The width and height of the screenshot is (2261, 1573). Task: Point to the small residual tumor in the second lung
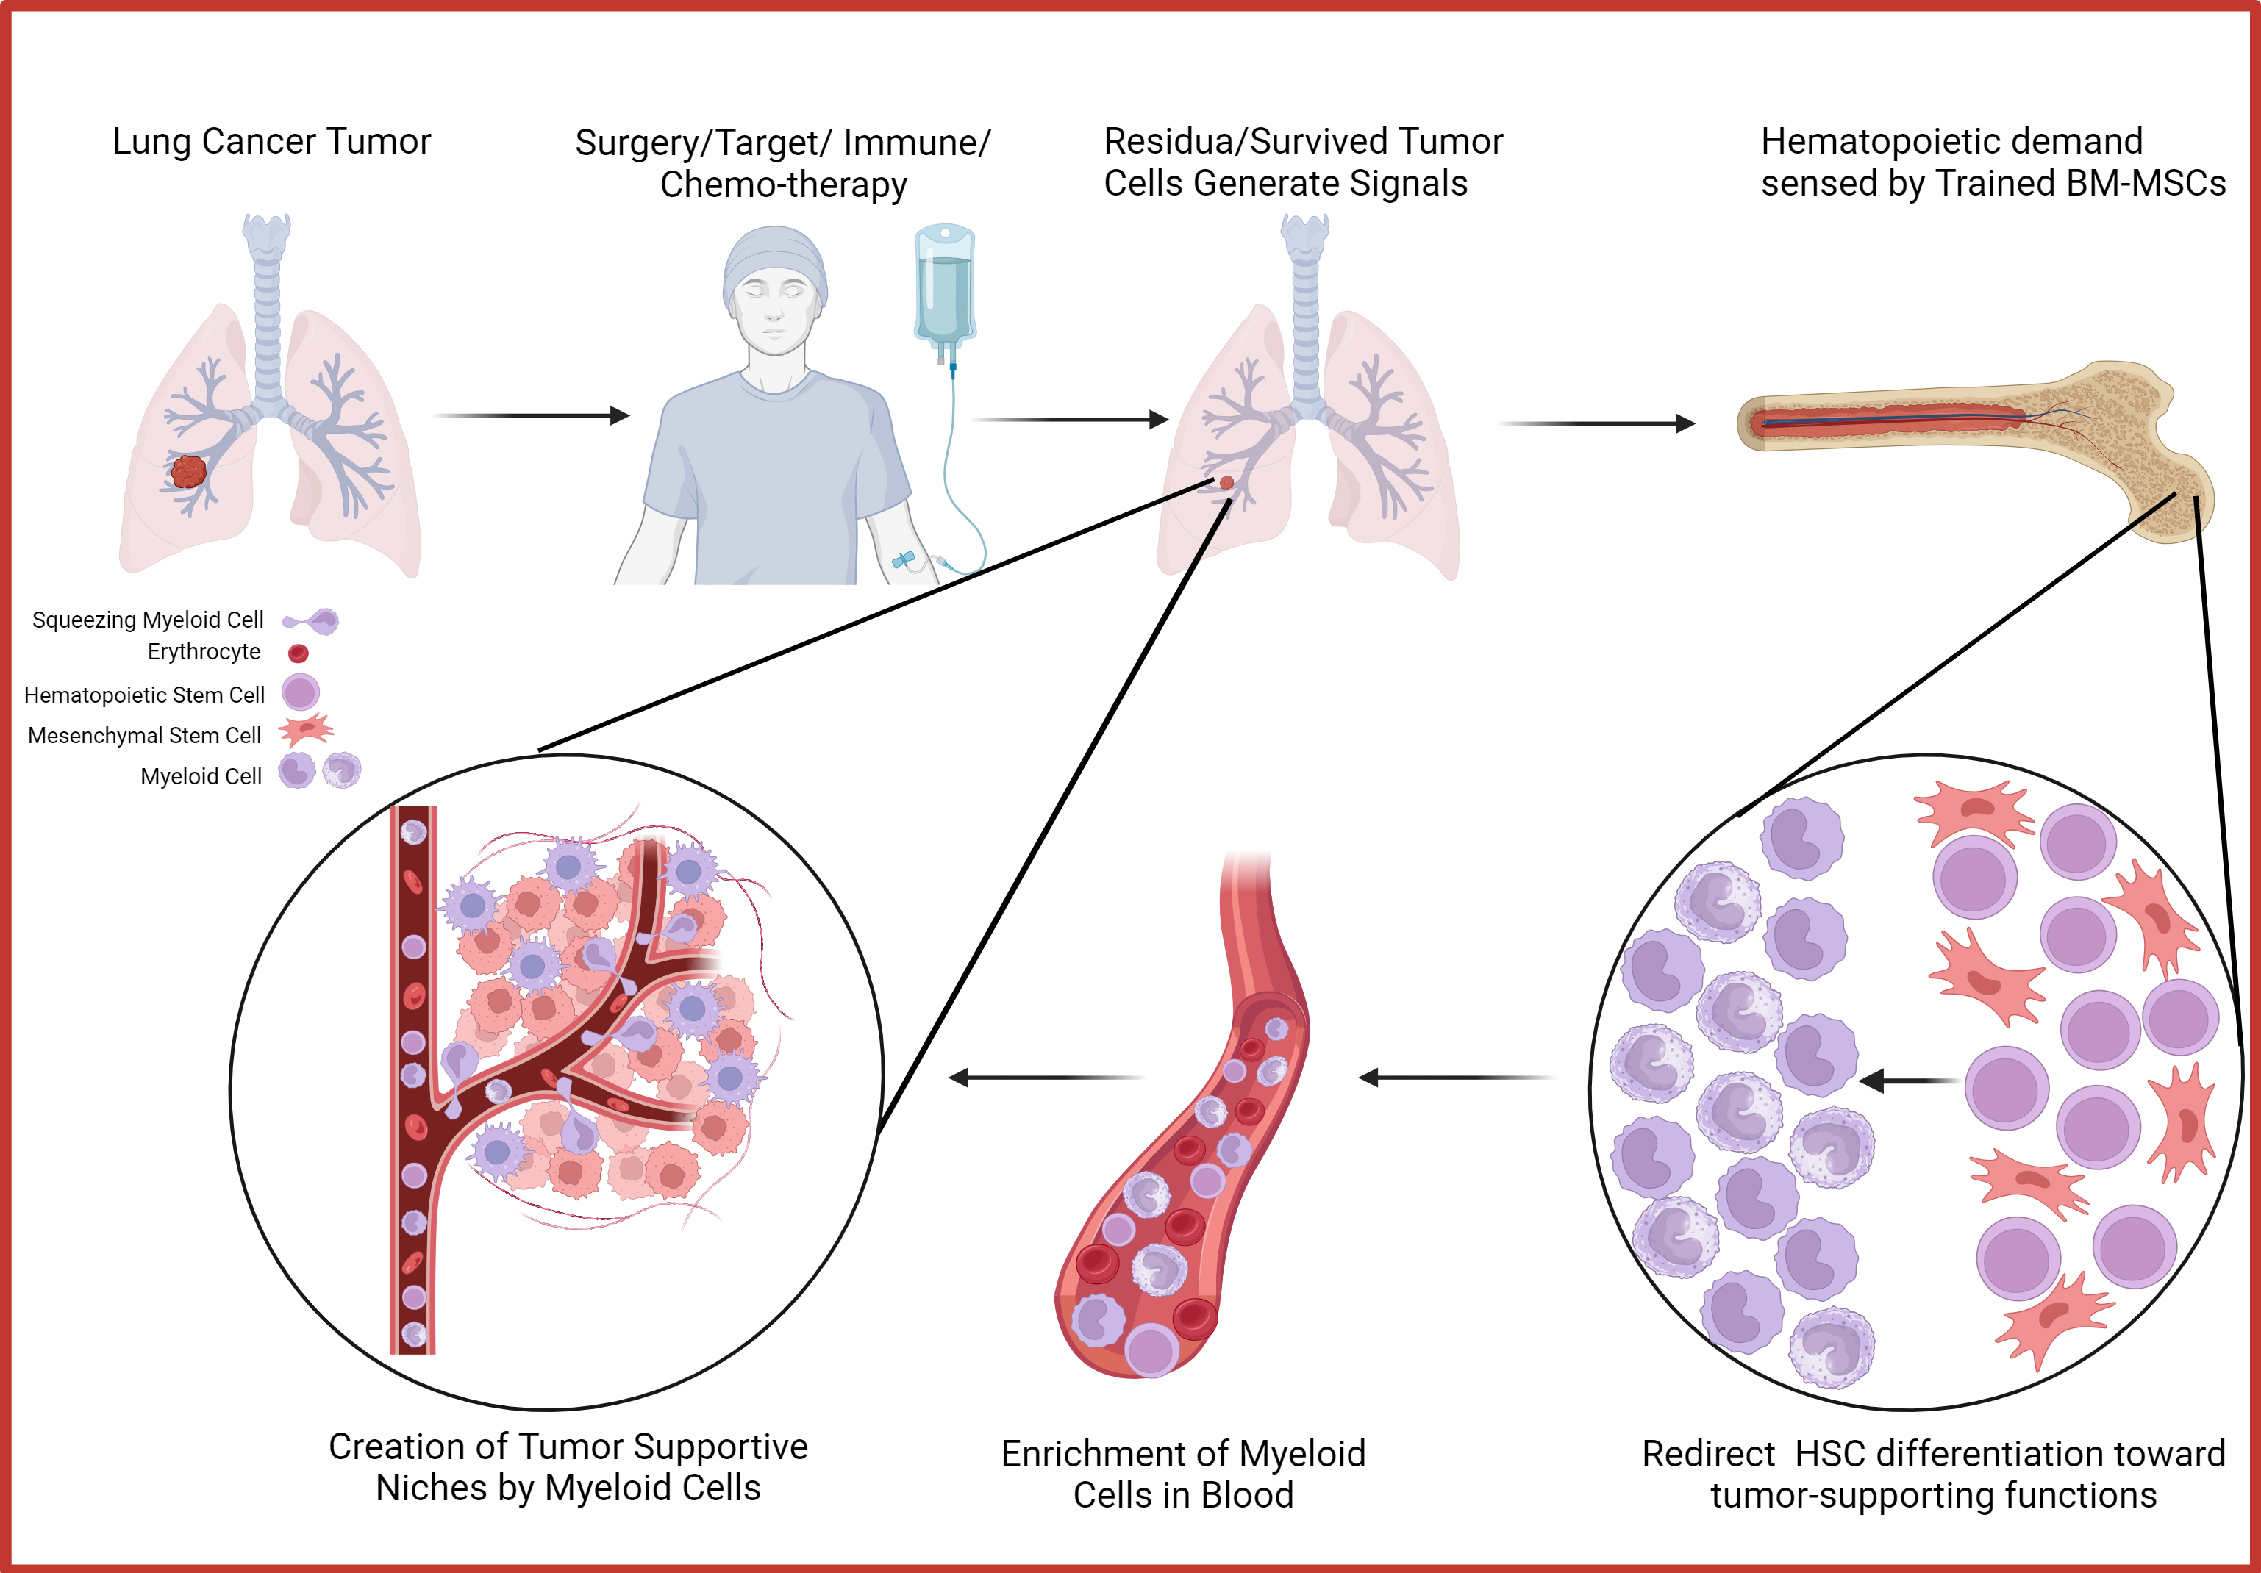tap(1226, 482)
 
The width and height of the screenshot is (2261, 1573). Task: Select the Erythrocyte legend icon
tap(299, 653)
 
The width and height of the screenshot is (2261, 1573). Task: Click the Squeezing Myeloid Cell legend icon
tap(312, 621)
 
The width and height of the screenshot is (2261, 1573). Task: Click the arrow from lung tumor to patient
tap(532, 415)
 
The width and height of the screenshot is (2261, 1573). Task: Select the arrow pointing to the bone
tap(1596, 423)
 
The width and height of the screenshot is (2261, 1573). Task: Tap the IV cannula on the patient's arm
tap(903, 560)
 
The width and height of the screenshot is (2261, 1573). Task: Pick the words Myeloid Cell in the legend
tap(201, 777)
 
